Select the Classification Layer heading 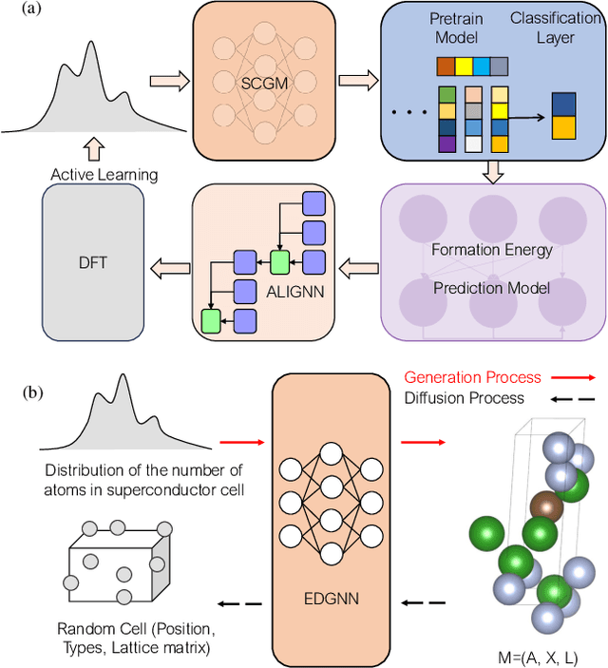tap(554, 28)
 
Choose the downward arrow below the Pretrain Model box tap(492, 172)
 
